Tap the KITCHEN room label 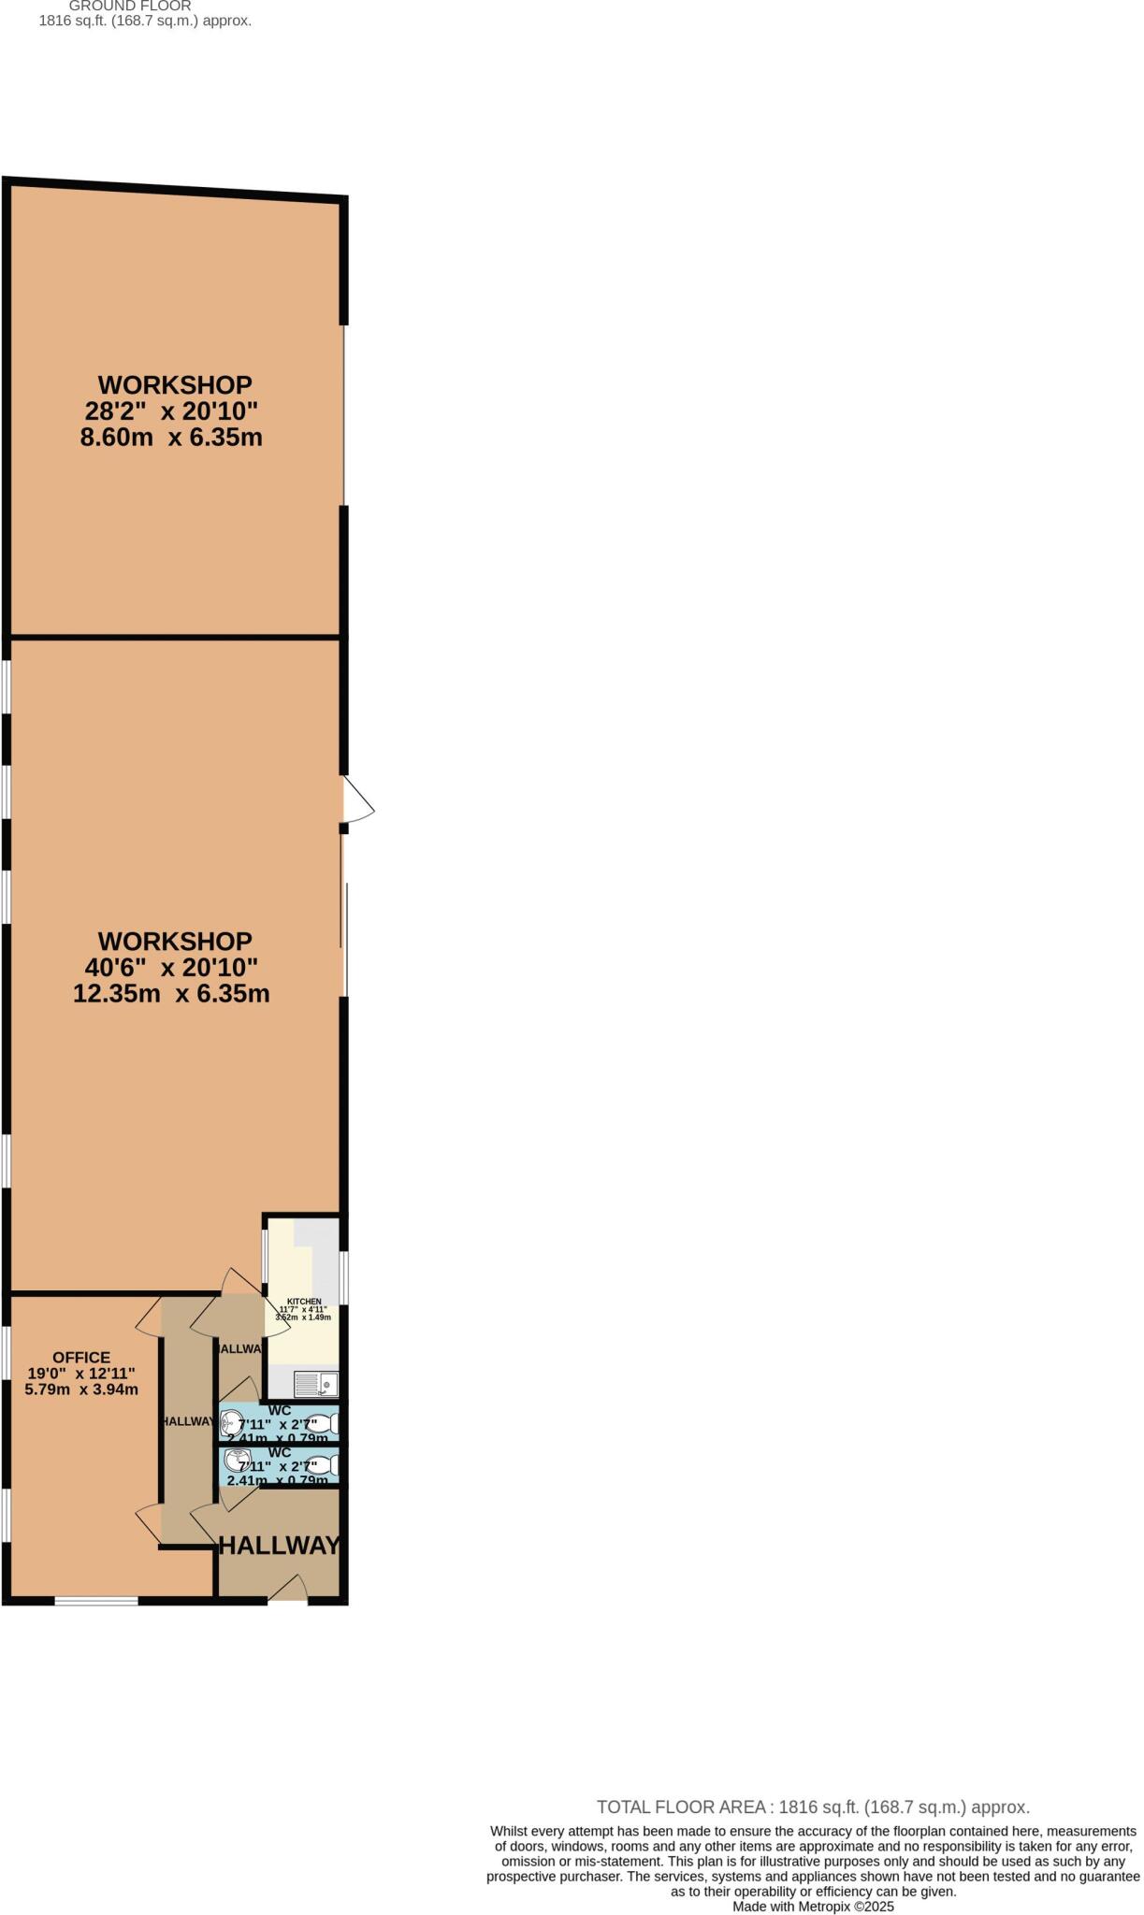304,1302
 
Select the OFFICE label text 81,1357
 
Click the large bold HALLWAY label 279,1546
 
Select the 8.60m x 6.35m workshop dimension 171,438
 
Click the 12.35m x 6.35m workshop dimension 171,993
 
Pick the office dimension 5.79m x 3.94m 81,1389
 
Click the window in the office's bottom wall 96,1601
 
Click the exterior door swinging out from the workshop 356,802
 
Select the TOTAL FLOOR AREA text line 813,1807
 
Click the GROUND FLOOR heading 130,6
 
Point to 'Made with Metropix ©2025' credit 813,1906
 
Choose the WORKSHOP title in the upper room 175,385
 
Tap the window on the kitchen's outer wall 344,1277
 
